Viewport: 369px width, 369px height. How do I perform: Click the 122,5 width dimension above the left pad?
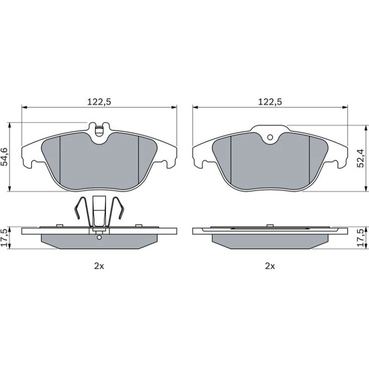[x=99, y=102]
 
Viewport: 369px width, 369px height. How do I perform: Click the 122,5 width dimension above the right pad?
[x=270, y=102]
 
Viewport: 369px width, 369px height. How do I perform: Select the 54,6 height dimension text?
[x=5, y=157]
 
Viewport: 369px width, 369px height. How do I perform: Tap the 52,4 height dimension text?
[x=360, y=158]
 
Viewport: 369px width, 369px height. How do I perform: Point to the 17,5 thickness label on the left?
[x=5, y=238]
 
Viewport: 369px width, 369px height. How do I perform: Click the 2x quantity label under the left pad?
[x=99, y=266]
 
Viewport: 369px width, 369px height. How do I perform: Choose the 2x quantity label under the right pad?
[x=270, y=266]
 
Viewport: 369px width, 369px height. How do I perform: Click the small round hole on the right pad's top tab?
[x=270, y=137]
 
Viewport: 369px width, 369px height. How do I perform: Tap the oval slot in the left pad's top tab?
[x=99, y=131]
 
